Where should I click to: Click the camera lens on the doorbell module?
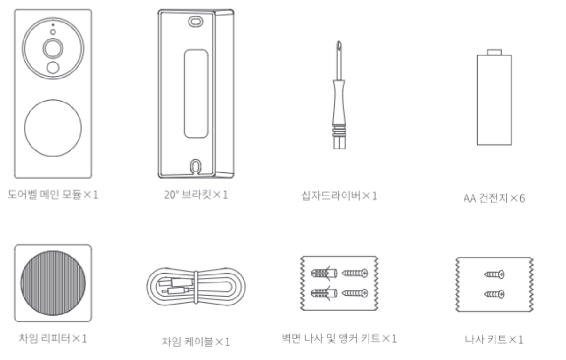[x=53, y=48]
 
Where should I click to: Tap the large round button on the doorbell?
[x=53, y=128]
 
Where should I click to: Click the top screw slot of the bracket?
[x=196, y=22]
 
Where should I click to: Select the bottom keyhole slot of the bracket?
[x=195, y=166]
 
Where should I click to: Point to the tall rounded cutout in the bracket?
[x=196, y=94]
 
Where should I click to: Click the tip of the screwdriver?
[x=339, y=42]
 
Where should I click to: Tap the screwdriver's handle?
[x=339, y=114]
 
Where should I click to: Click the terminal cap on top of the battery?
[x=494, y=52]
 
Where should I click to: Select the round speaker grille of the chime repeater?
[x=53, y=283]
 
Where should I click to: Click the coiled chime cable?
[x=196, y=287]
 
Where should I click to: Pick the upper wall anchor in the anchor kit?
[x=324, y=273]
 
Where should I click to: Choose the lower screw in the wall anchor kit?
[x=355, y=293]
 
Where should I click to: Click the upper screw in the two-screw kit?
[x=494, y=274]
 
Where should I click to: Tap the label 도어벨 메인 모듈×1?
[x=53, y=195]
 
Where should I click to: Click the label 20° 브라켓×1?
[x=196, y=195]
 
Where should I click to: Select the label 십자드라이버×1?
[x=339, y=196]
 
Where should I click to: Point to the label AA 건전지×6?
[x=494, y=198]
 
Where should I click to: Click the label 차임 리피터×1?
[x=53, y=338]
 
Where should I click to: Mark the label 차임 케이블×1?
[x=196, y=342]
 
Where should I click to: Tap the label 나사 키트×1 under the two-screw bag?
[x=494, y=339]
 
